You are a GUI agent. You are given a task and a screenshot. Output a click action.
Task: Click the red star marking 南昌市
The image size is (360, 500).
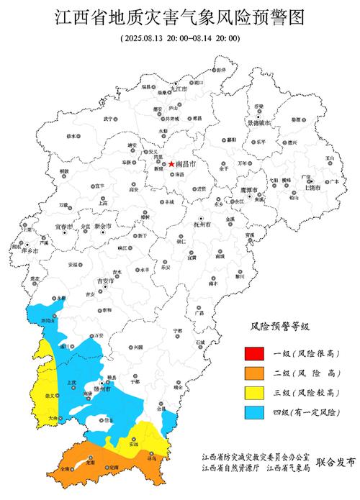tap(171, 164)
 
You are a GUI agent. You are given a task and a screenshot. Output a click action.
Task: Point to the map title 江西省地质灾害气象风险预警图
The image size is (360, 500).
tap(180, 16)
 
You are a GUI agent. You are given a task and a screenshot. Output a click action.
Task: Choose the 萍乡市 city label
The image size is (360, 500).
tap(30, 250)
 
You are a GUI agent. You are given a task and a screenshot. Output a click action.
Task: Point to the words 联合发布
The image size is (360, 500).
tap(335, 463)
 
